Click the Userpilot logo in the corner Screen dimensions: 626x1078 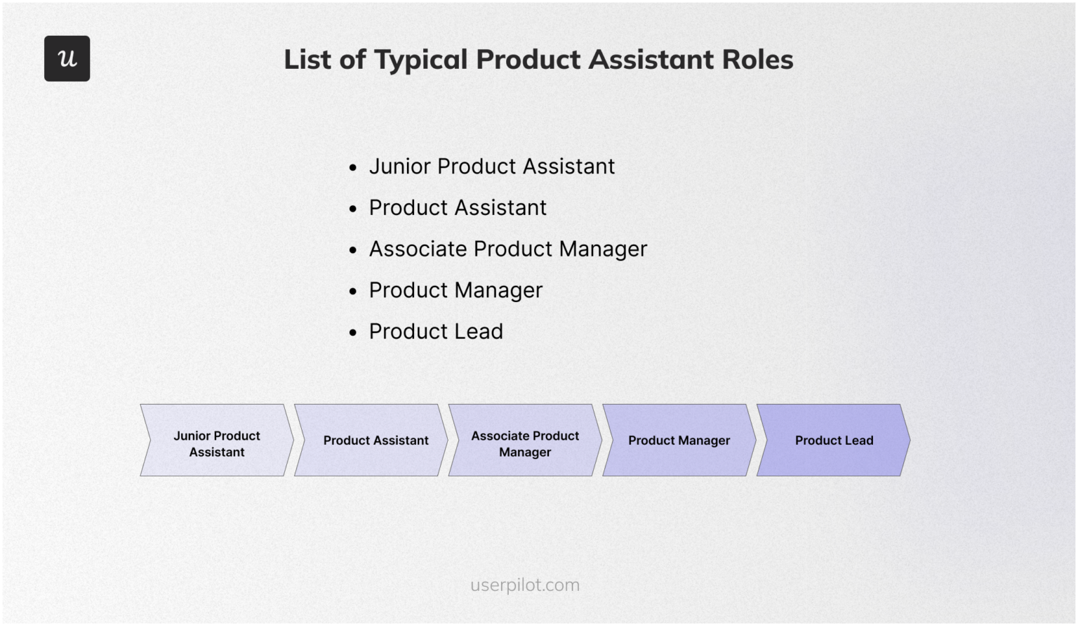(x=67, y=58)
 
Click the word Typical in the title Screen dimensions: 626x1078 (x=420, y=60)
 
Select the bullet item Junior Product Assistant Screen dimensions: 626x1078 (x=491, y=167)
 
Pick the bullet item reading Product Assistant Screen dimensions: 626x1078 (x=458, y=208)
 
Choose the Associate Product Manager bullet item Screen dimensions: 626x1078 (x=507, y=249)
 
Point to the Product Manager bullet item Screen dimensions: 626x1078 (x=455, y=290)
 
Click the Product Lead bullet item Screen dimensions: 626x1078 (x=436, y=332)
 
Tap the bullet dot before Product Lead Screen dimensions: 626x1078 (x=353, y=333)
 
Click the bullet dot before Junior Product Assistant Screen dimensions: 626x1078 (x=353, y=168)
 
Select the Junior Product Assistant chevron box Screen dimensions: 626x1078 (x=217, y=441)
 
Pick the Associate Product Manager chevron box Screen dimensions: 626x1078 (x=525, y=441)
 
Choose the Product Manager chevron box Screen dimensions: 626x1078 (x=679, y=441)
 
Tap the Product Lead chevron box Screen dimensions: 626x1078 (x=834, y=441)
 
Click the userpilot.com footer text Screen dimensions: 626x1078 (x=525, y=585)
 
